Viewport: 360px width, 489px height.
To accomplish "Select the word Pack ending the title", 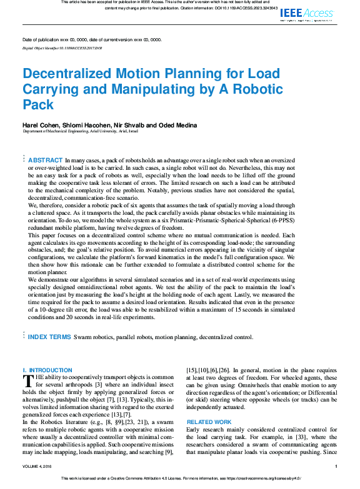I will tap(38, 104).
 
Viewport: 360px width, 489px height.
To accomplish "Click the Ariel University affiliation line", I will tap(76, 132).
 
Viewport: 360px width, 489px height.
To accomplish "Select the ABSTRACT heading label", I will tap(46, 161).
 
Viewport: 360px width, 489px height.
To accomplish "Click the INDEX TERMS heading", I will tap(49, 337).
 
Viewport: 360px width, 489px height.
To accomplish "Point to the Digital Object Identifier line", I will tap(62, 47).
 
